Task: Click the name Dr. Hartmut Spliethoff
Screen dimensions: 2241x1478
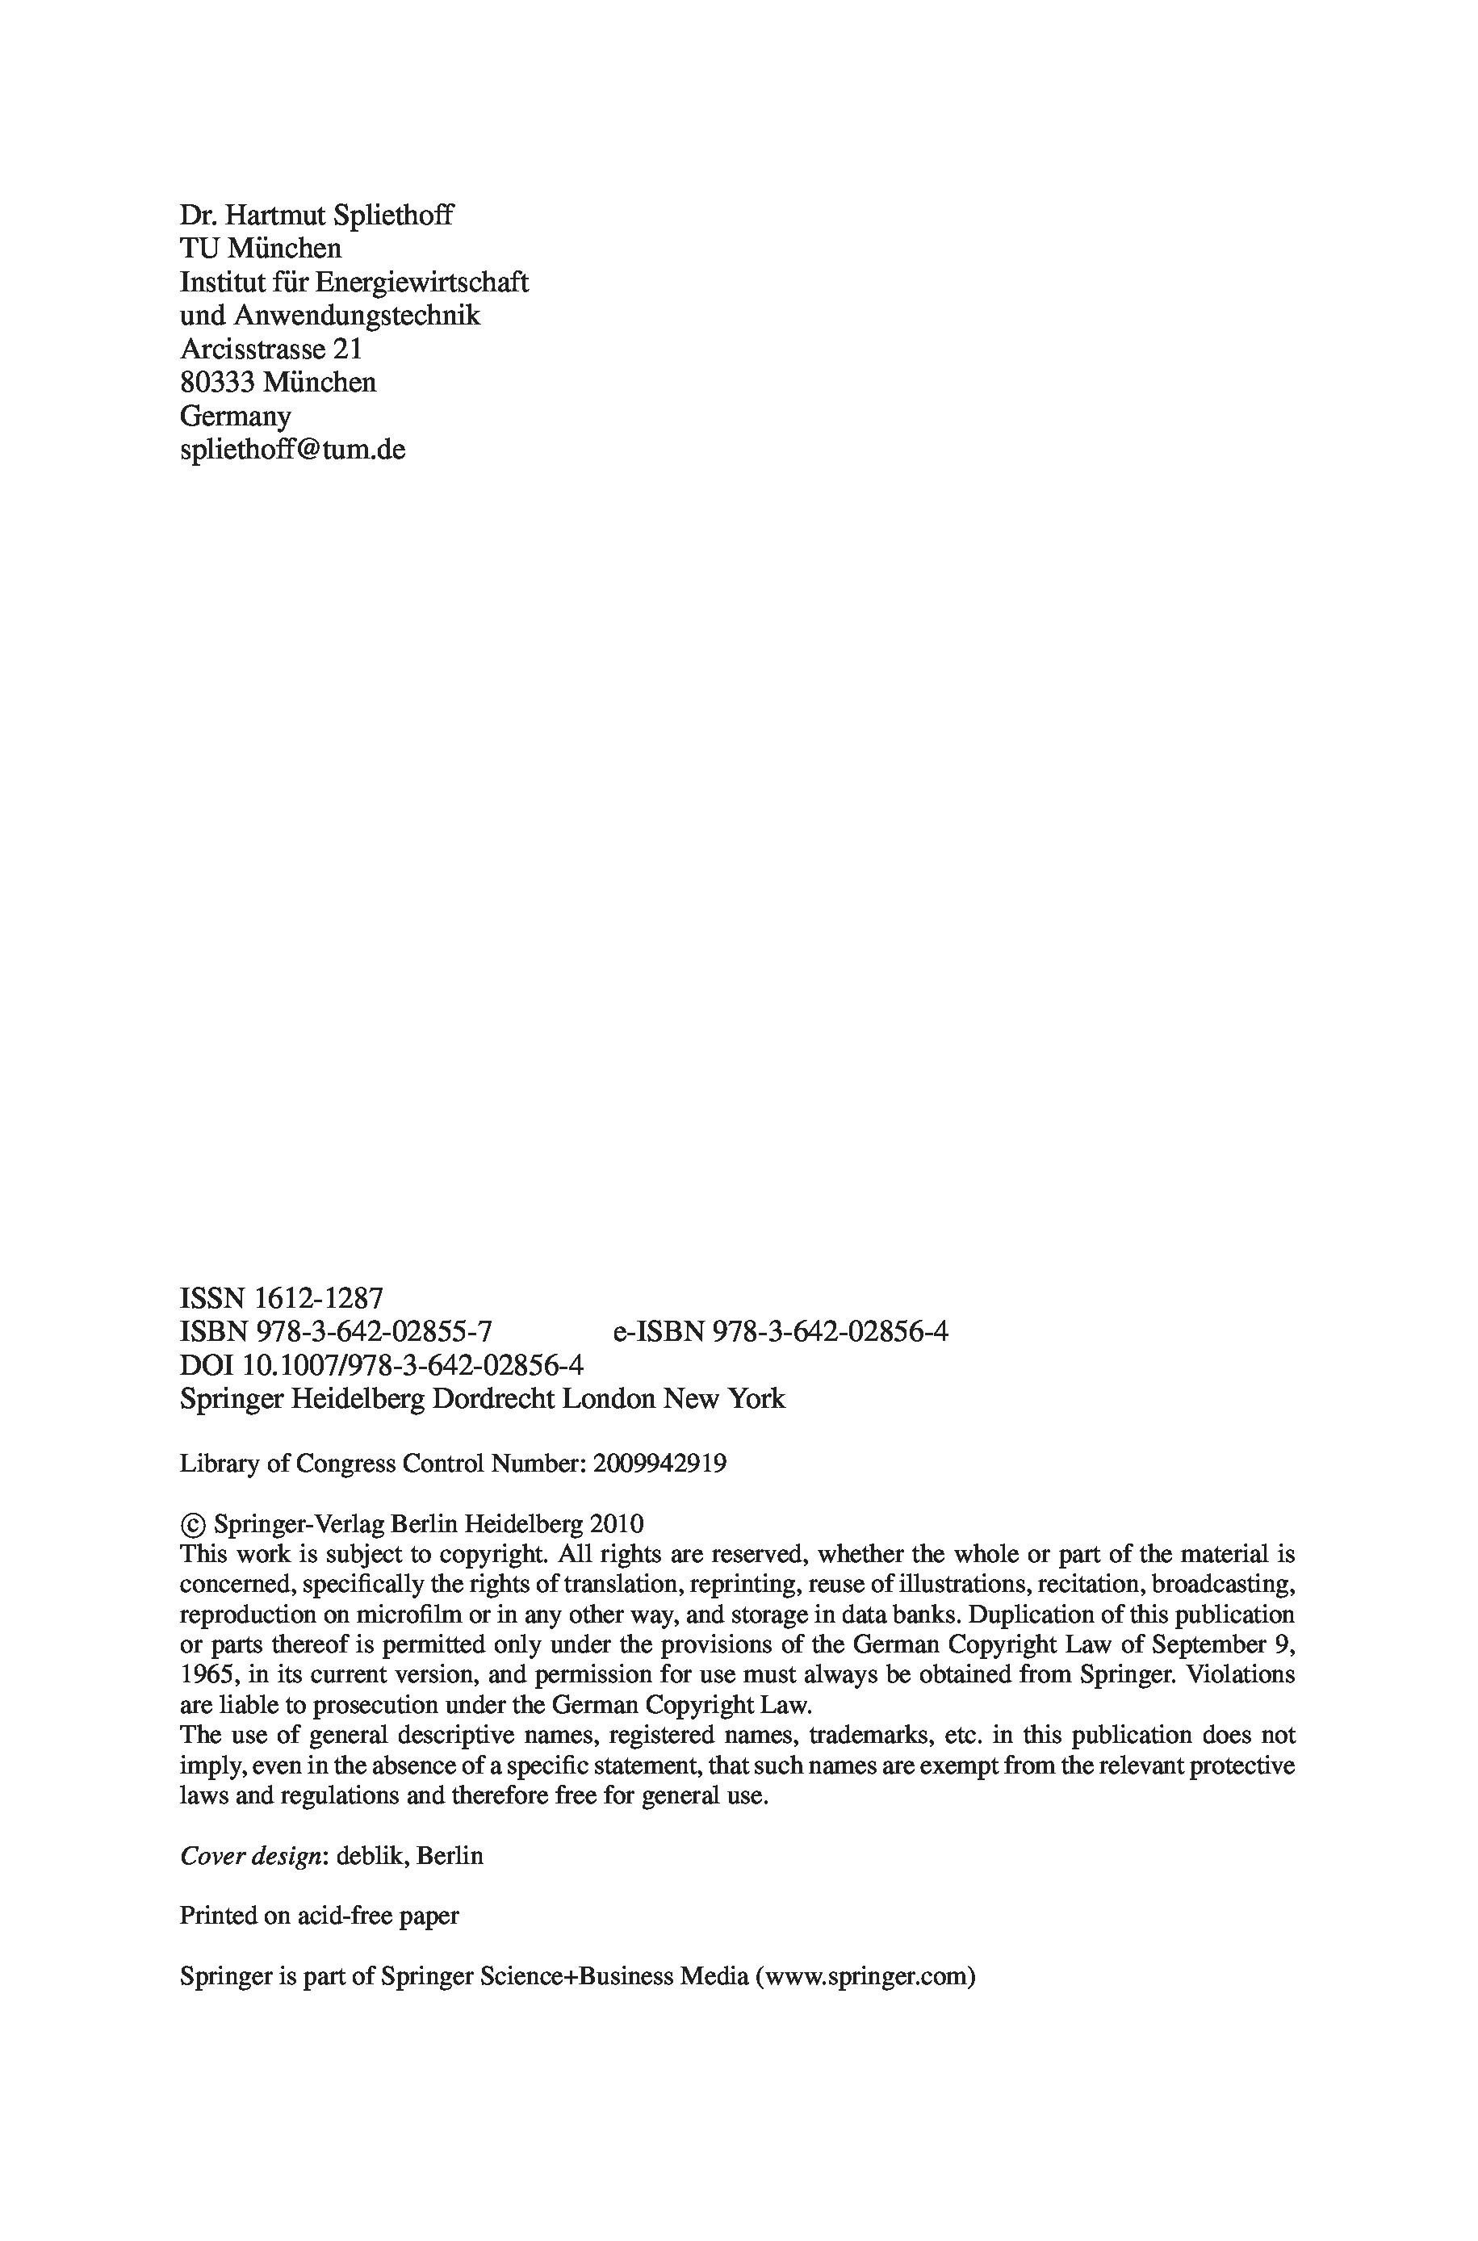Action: tap(316, 216)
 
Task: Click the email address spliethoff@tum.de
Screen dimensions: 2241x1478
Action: tap(292, 450)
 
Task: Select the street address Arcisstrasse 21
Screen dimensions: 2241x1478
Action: tap(270, 350)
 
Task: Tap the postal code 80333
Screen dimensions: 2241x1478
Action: tap(218, 383)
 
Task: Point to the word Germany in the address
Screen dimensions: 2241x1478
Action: tap(235, 417)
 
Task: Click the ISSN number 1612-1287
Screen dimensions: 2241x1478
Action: tap(320, 1299)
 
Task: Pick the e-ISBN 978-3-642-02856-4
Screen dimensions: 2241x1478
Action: tap(830, 1331)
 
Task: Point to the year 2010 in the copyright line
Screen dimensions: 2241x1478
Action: tap(617, 1524)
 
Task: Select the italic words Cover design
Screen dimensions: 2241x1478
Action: tap(252, 1856)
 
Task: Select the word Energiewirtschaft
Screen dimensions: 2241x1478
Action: tap(421, 283)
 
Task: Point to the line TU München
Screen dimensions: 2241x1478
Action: tap(260, 249)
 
